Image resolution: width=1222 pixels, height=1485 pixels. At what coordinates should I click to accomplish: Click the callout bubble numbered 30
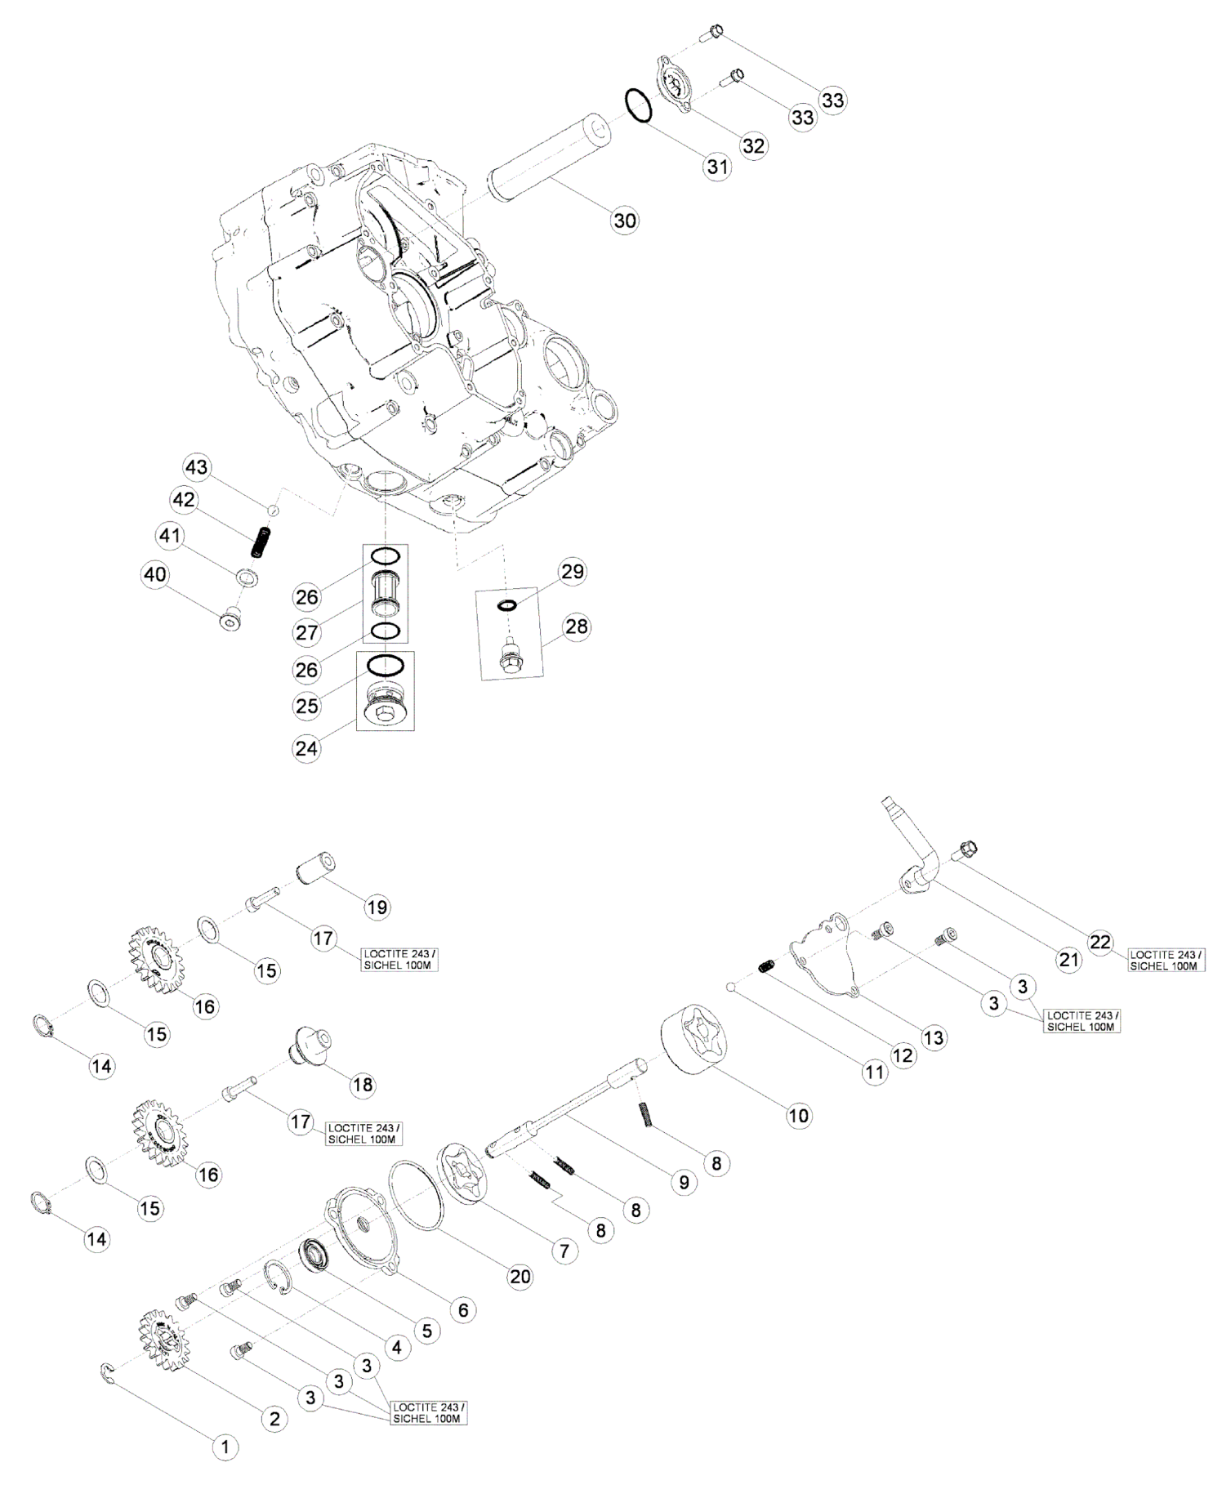625,221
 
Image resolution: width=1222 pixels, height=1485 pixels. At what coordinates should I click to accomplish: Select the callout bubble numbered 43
197,467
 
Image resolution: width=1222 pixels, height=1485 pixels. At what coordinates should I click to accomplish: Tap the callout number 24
307,748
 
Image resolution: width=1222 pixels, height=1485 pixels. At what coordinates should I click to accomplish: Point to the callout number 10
798,1115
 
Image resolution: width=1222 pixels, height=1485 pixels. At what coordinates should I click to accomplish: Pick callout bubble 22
1100,943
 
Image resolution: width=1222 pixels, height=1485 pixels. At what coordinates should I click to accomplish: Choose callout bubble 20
520,1275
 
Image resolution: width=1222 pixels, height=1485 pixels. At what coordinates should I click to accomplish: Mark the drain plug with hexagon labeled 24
385,707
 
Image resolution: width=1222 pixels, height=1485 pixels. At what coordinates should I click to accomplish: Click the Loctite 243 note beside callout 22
1164,960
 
